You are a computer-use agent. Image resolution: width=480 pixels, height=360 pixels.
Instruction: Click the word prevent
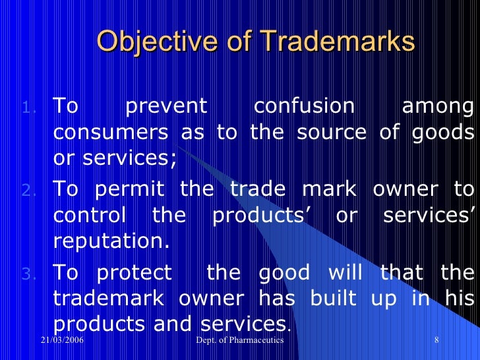point(166,105)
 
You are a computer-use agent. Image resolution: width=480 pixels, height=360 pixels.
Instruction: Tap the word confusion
point(304,105)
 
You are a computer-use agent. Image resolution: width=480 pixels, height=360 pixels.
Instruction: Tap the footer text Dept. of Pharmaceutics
point(240,340)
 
